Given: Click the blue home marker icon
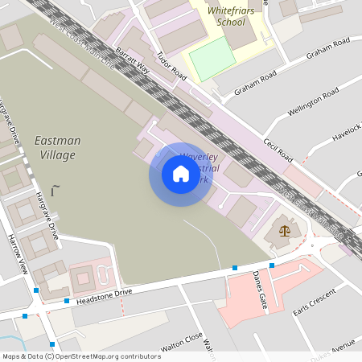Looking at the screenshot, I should (180, 174).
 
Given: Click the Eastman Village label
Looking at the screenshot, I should (58, 147).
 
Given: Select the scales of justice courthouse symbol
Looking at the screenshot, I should (284, 231).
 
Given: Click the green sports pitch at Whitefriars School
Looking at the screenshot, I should (212, 58).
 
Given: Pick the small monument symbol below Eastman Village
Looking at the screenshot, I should (55, 190).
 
